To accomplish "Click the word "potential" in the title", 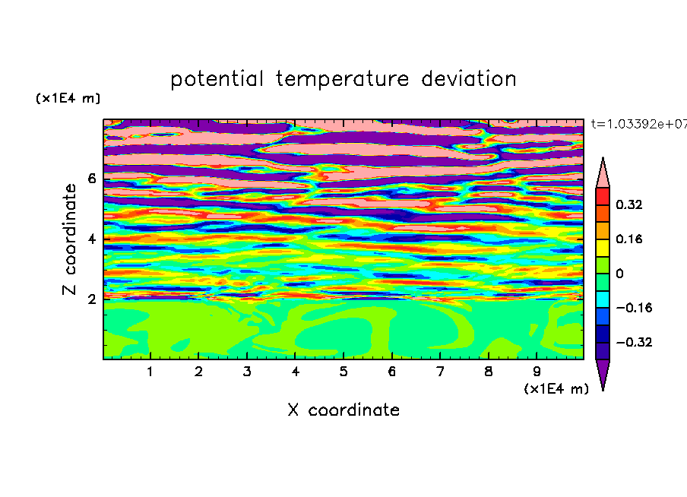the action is tap(217, 80).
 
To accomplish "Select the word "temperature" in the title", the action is tap(342, 80).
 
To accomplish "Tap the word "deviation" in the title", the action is tap(469, 79).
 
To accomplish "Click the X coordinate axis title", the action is tap(343, 410).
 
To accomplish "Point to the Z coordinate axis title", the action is tap(69, 239).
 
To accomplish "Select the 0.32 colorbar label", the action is tap(628, 204).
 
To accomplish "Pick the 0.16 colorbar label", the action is tap(628, 239).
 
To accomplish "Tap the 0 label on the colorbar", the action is tap(619, 274).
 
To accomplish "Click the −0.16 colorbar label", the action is tap(634, 308).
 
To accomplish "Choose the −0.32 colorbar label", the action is tap(634, 342).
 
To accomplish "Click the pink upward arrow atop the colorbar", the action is tap(603, 173).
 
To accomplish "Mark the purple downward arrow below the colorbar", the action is tap(603, 374).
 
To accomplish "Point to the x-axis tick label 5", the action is tap(343, 372).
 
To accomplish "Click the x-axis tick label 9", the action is tap(537, 372).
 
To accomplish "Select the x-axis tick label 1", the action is tap(150, 372).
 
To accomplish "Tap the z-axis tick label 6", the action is tap(91, 179).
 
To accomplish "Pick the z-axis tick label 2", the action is tap(91, 299).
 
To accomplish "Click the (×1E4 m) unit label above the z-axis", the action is tap(68, 98).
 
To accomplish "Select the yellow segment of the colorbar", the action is tap(603, 248).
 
